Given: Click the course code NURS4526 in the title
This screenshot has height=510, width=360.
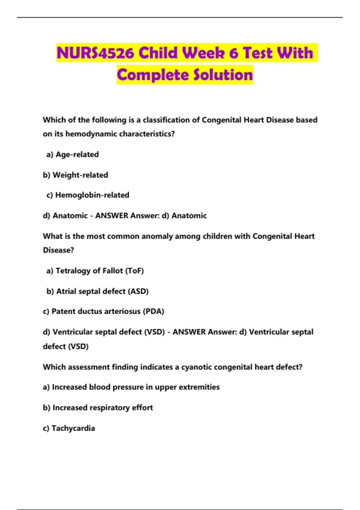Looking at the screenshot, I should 95,53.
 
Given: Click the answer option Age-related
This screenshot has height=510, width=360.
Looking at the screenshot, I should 77,154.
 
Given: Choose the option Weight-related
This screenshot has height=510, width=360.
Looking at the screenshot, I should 80,175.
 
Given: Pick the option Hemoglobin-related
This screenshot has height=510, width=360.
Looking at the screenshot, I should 92,195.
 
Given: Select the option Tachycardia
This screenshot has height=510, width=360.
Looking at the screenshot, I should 73,428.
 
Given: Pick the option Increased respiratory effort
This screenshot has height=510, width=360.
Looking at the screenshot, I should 103,408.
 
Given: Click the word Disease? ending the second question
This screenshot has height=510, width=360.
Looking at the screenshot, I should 58,250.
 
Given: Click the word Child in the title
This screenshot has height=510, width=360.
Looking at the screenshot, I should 158,53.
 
